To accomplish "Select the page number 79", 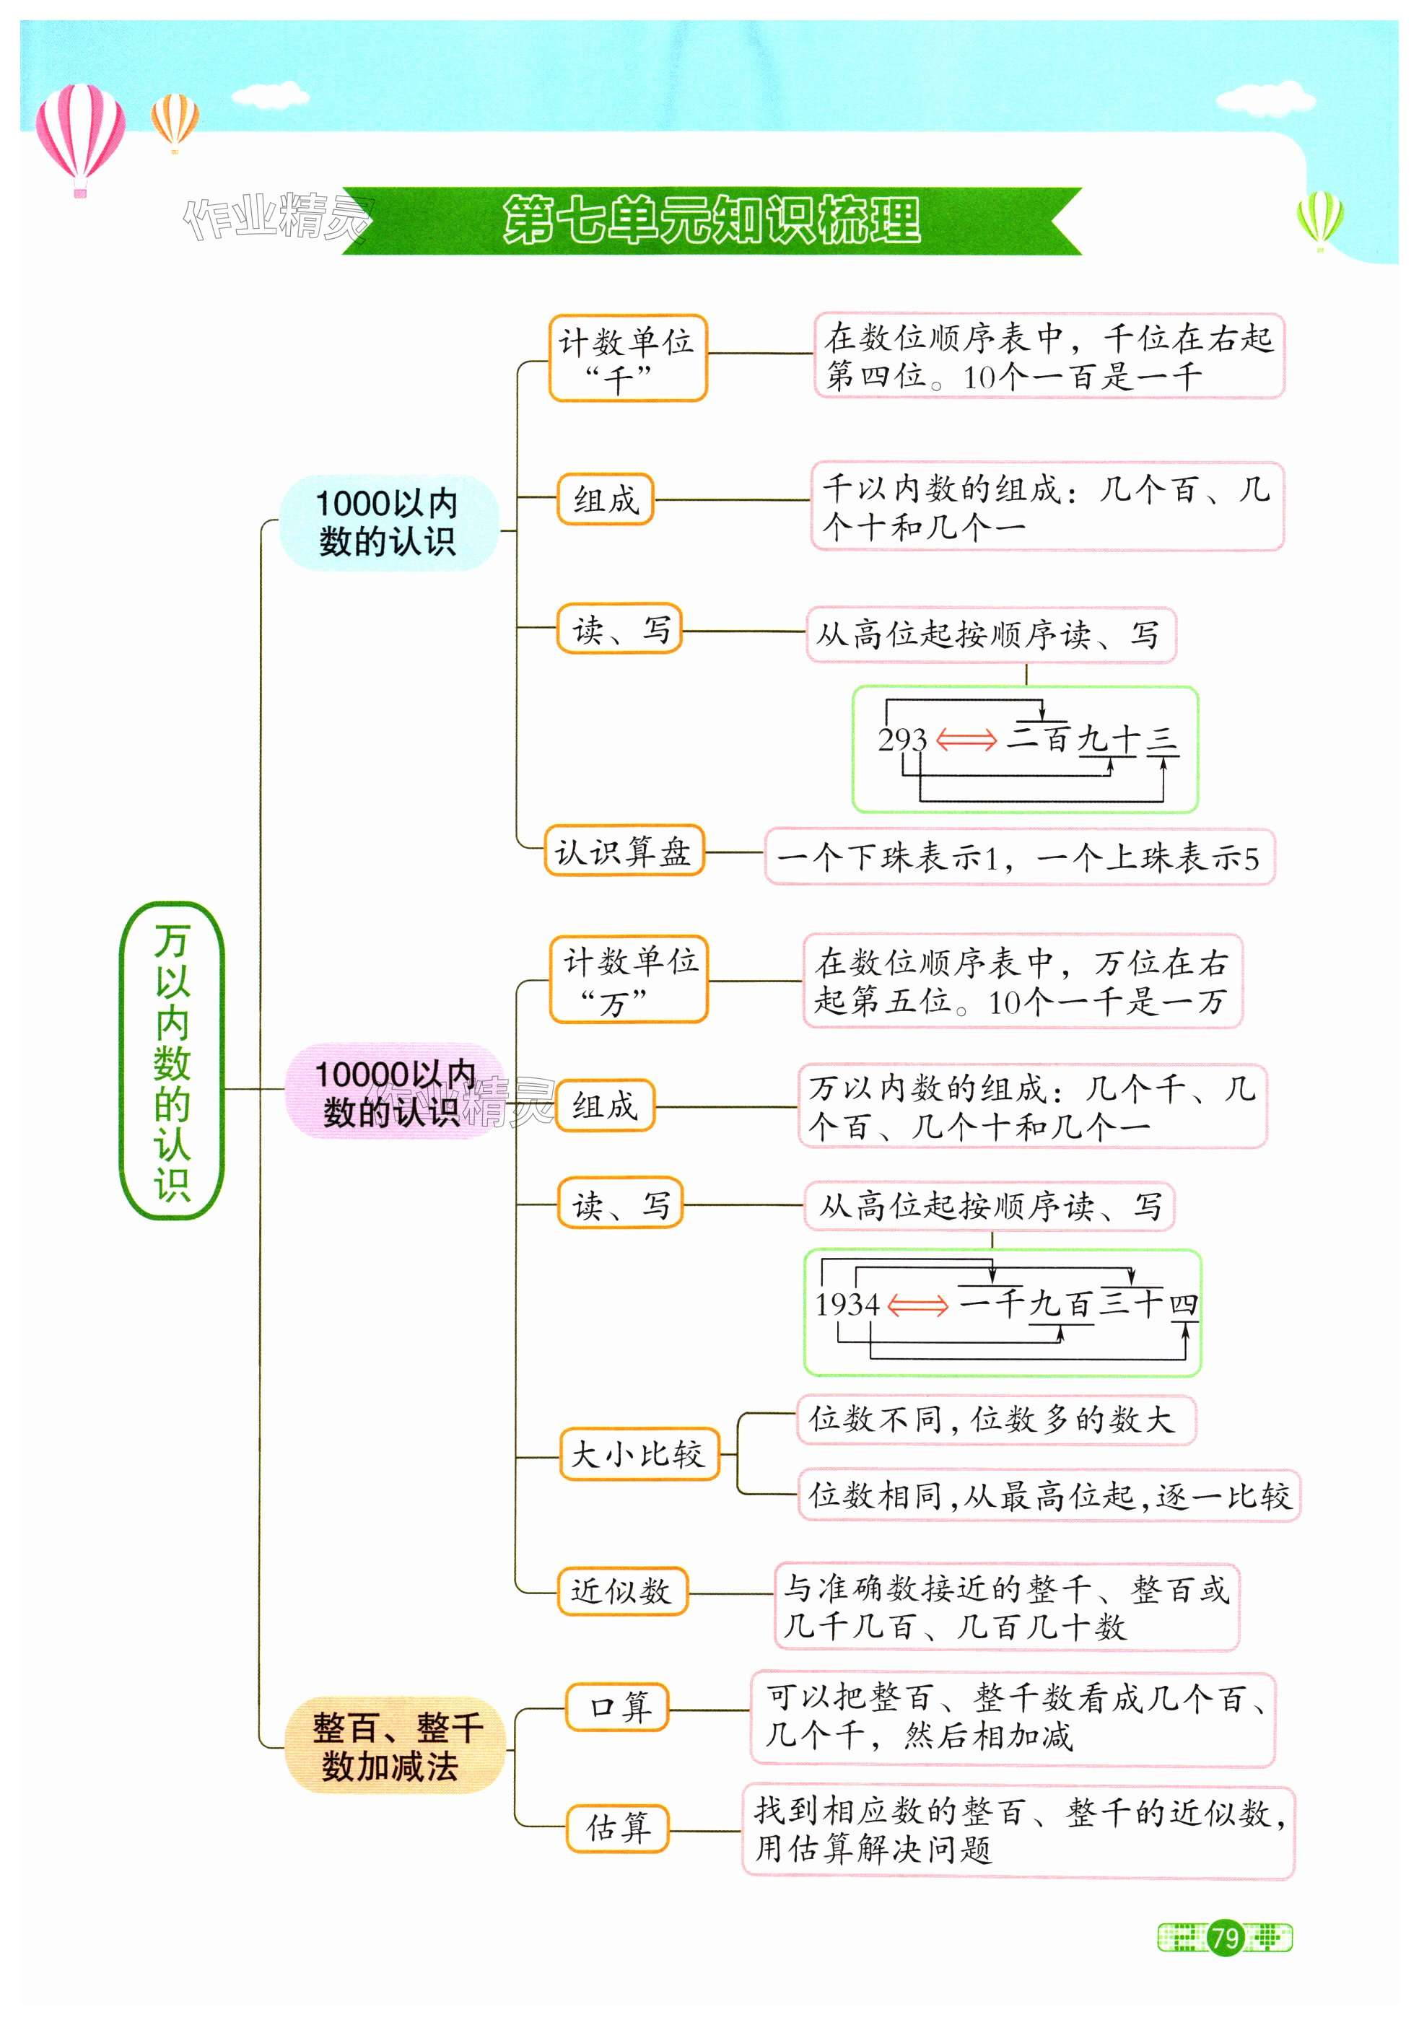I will (1225, 1938).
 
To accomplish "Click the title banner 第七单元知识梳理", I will (711, 221).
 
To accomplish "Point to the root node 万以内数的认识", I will (171, 1060).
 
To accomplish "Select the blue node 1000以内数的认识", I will (388, 522).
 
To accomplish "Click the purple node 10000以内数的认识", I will (393, 1092).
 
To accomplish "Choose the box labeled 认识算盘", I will (623, 851).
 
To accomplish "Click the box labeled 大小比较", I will (639, 1454).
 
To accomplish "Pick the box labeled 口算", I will (616, 1707).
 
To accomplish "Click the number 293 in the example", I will (902, 739).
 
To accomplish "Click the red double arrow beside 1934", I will (918, 1305).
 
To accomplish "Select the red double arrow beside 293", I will (966, 739).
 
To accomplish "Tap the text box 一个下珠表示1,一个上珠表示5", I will (1018, 857).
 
